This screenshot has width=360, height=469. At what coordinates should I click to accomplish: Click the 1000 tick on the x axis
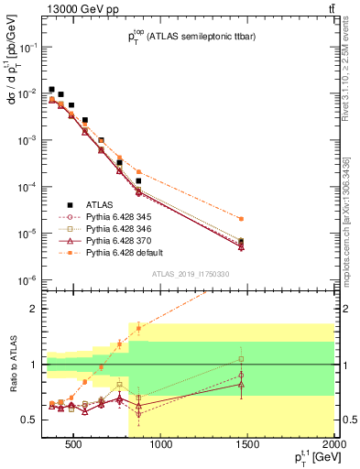pos(161,446)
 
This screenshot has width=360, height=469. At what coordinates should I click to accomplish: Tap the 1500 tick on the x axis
pos(247,446)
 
